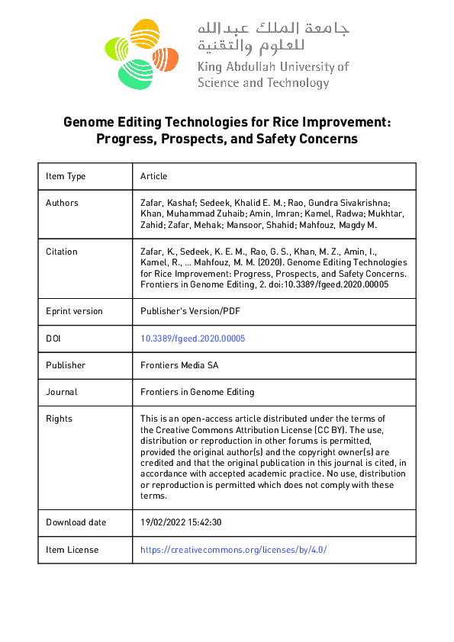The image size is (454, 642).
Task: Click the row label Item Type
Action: tap(66, 176)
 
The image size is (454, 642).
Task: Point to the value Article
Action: tap(153, 176)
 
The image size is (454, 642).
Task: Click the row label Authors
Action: tap(62, 203)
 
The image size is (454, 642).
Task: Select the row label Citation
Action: tap(61, 251)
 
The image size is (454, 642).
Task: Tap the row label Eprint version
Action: tap(74, 311)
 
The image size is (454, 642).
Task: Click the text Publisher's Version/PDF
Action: tap(190, 311)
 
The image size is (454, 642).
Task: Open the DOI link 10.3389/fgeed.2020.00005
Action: tap(192, 339)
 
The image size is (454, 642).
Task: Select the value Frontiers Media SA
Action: tap(179, 365)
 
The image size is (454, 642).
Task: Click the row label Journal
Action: tap(61, 392)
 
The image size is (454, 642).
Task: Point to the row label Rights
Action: tap(59, 419)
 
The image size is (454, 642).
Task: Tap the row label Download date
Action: tap(76, 522)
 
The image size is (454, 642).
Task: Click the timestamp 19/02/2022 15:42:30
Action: tap(181, 522)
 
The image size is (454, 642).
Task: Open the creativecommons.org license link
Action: tap(233, 550)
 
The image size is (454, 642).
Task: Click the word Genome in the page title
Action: tap(88, 122)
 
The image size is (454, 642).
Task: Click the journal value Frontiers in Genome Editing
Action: tap(197, 392)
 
